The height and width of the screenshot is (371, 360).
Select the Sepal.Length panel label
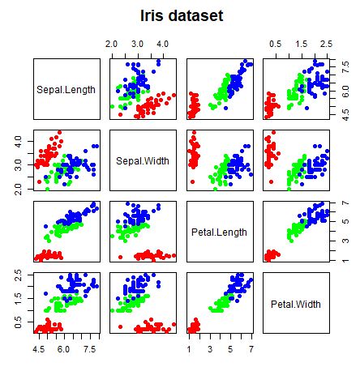(x=66, y=89)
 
